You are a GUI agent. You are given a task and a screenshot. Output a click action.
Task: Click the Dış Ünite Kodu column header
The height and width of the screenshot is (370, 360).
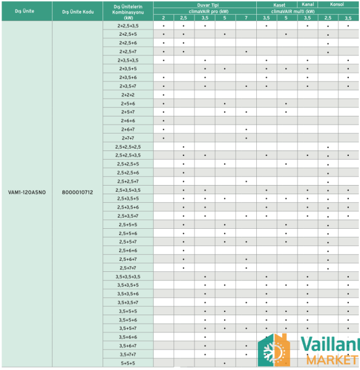click(x=77, y=11)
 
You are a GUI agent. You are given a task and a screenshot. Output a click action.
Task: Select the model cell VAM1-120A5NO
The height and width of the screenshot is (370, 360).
click(x=26, y=192)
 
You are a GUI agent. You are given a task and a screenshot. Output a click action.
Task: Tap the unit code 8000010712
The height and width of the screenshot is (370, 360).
click(x=77, y=192)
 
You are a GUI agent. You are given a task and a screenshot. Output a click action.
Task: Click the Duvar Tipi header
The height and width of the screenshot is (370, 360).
click(x=204, y=4)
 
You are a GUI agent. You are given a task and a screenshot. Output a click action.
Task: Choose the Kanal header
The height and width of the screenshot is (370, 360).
click(x=308, y=4)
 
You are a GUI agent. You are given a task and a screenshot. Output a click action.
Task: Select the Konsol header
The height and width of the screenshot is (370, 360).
click(x=338, y=4)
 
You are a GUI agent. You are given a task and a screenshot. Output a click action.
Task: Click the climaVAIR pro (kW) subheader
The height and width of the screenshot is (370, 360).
click(x=204, y=10)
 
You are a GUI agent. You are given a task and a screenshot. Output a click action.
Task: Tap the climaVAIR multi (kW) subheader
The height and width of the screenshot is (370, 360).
click(x=308, y=10)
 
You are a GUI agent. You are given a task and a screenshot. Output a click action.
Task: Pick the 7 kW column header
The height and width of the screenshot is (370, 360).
click(x=246, y=18)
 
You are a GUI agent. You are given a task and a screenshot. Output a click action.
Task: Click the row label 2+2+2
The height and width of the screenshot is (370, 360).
click(x=128, y=94)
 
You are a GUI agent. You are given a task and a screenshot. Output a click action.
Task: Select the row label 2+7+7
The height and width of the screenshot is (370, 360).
click(x=128, y=138)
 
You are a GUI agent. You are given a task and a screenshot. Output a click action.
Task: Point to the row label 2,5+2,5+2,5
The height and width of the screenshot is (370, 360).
click(x=128, y=147)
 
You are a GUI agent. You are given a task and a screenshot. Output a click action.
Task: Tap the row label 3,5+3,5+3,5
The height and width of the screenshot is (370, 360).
click(x=128, y=276)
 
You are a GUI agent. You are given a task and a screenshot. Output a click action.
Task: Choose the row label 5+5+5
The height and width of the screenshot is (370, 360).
click(x=128, y=363)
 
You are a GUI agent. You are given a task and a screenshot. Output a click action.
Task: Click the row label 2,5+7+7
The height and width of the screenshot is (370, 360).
click(x=128, y=268)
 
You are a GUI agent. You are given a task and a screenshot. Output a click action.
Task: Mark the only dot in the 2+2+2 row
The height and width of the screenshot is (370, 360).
click(x=163, y=95)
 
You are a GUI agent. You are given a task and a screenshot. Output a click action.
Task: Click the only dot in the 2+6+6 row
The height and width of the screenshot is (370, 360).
click(x=163, y=121)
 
